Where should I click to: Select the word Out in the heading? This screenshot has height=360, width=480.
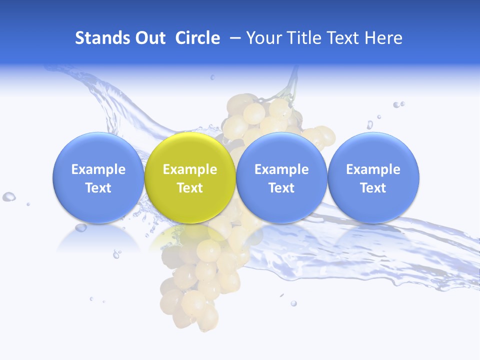(151, 38)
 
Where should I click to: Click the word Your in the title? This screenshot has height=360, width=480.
(262, 38)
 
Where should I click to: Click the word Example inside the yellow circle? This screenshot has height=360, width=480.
(189, 169)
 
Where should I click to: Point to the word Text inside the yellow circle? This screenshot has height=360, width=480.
(189, 188)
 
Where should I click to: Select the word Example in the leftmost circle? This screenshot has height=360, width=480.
(98, 169)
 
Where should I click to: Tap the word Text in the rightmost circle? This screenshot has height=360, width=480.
(373, 188)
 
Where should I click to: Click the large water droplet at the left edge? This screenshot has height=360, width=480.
(8, 196)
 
